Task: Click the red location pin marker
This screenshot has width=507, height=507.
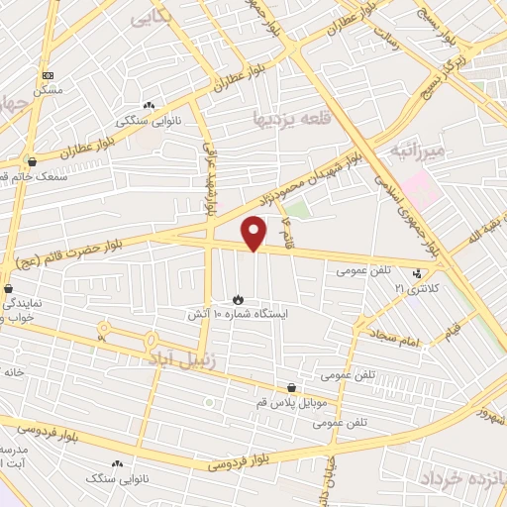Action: coord(254,233)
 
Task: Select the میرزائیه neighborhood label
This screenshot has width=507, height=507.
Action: coord(420,151)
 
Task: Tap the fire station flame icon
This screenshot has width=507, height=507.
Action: coord(238,298)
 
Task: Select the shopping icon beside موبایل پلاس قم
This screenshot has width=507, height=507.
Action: coord(291,388)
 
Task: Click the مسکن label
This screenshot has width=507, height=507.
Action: coord(47,90)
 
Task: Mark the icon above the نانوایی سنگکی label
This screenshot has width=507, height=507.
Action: coord(149,106)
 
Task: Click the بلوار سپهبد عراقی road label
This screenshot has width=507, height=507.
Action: coord(210,178)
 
